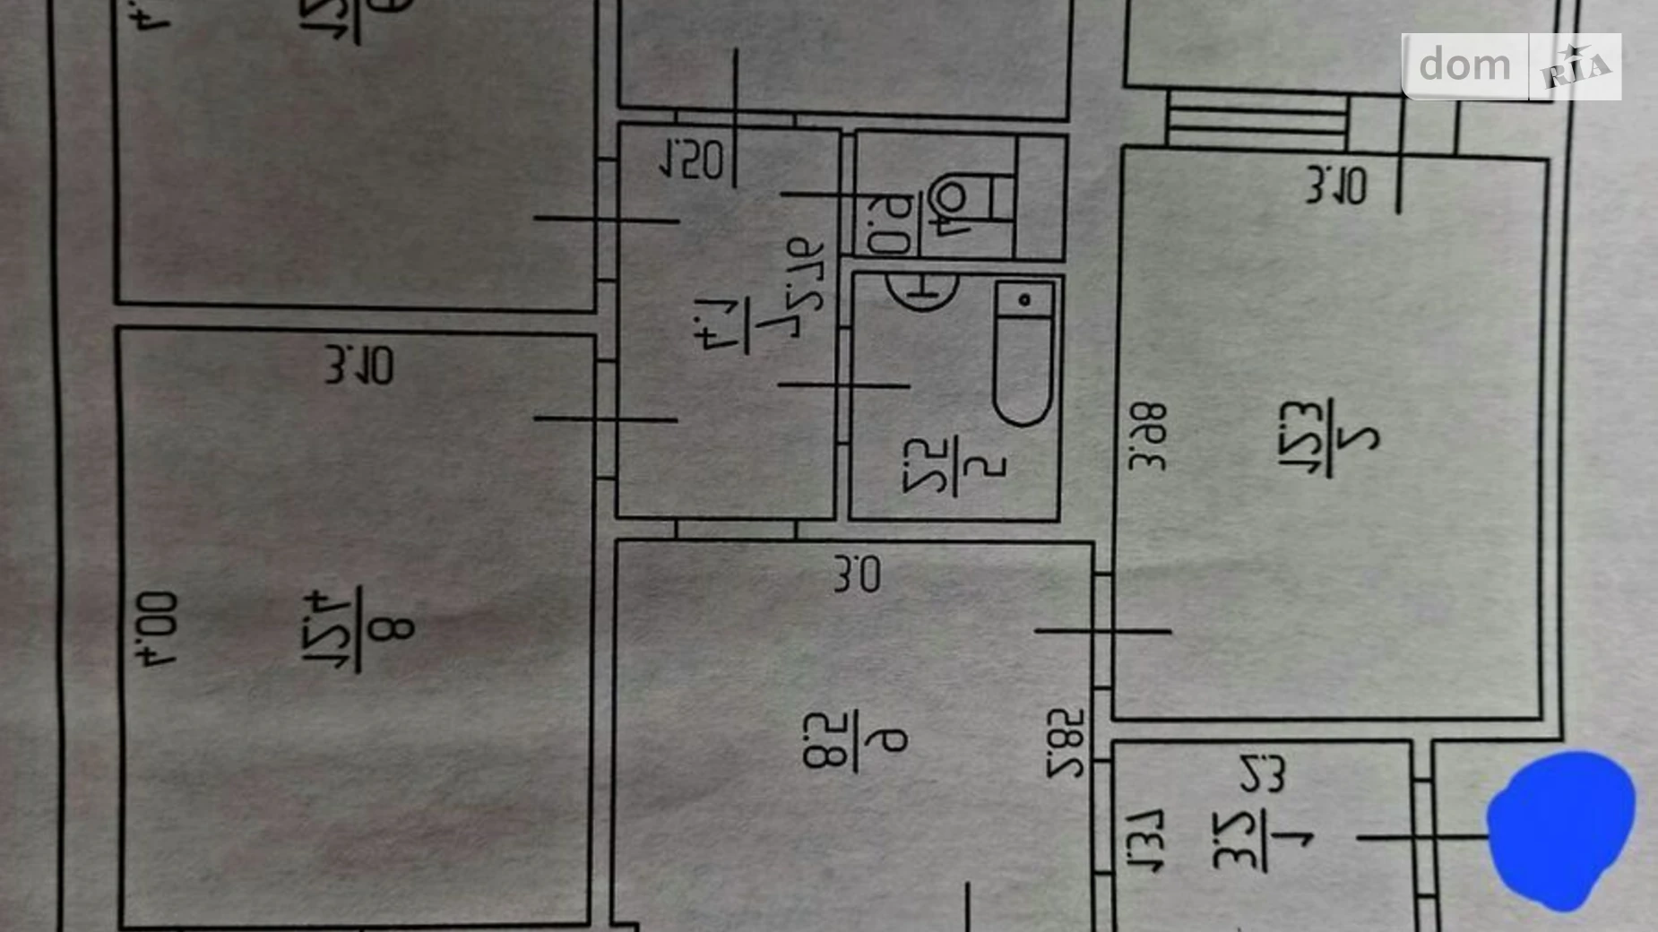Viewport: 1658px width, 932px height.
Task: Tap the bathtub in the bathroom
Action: tap(1023, 354)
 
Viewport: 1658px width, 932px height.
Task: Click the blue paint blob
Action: tap(1559, 830)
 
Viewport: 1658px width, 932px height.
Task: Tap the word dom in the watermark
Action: tap(1464, 65)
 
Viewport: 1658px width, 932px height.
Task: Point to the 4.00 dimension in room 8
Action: tap(158, 628)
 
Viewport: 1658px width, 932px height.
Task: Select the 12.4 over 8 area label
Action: tap(358, 629)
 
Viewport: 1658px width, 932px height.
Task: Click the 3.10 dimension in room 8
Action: tap(359, 366)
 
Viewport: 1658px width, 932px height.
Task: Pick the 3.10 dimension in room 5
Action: tap(1336, 186)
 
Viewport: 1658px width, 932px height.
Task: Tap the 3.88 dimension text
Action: tap(1148, 436)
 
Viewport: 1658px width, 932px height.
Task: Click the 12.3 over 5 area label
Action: tap(1328, 438)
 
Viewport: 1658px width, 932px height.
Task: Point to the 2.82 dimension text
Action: tap(1066, 743)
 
